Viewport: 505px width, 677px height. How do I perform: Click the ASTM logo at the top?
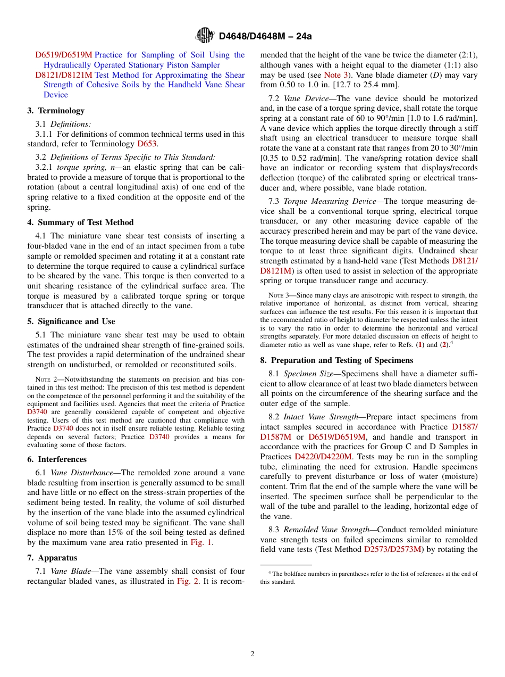[x=205, y=35]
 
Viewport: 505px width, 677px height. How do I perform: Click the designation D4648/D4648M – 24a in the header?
[x=265, y=36]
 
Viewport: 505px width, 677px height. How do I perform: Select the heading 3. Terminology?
[x=56, y=111]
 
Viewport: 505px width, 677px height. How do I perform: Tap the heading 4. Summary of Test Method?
[x=80, y=222]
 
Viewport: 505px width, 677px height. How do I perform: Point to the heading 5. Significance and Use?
[x=71, y=321]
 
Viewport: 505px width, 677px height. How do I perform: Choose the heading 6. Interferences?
[x=57, y=459]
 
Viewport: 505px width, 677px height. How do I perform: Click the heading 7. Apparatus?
[x=52, y=558]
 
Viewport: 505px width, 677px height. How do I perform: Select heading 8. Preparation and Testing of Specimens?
[x=336, y=360]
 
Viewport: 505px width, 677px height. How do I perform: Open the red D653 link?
[x=147, y=144]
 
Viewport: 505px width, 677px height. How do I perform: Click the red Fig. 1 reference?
[x=200, y=542]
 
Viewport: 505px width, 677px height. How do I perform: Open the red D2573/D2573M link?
[x=393, y=549]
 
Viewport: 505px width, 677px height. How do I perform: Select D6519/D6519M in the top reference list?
[x=64, y=55]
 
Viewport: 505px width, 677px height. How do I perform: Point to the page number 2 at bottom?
[x=252, y=654]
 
